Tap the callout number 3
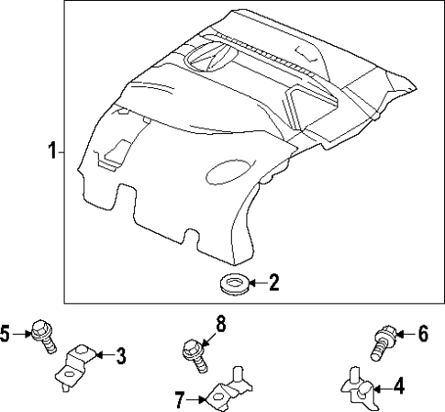tap(120, 355)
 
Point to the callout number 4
tap(398, 387)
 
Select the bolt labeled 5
tap(41, 336)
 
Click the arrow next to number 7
tap(195, 398)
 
